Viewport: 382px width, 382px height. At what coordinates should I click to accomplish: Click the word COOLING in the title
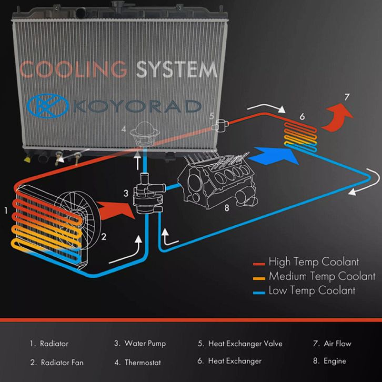point(73,69)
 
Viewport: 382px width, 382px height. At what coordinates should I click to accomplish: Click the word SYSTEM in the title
point(176,69)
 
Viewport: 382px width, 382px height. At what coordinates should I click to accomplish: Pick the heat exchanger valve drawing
point(220,124)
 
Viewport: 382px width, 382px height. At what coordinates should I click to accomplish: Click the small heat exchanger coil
point(301,136)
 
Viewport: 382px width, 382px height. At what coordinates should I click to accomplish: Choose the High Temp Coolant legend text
point(314,262)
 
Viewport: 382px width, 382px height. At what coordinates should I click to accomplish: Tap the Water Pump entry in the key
point(140,344)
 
